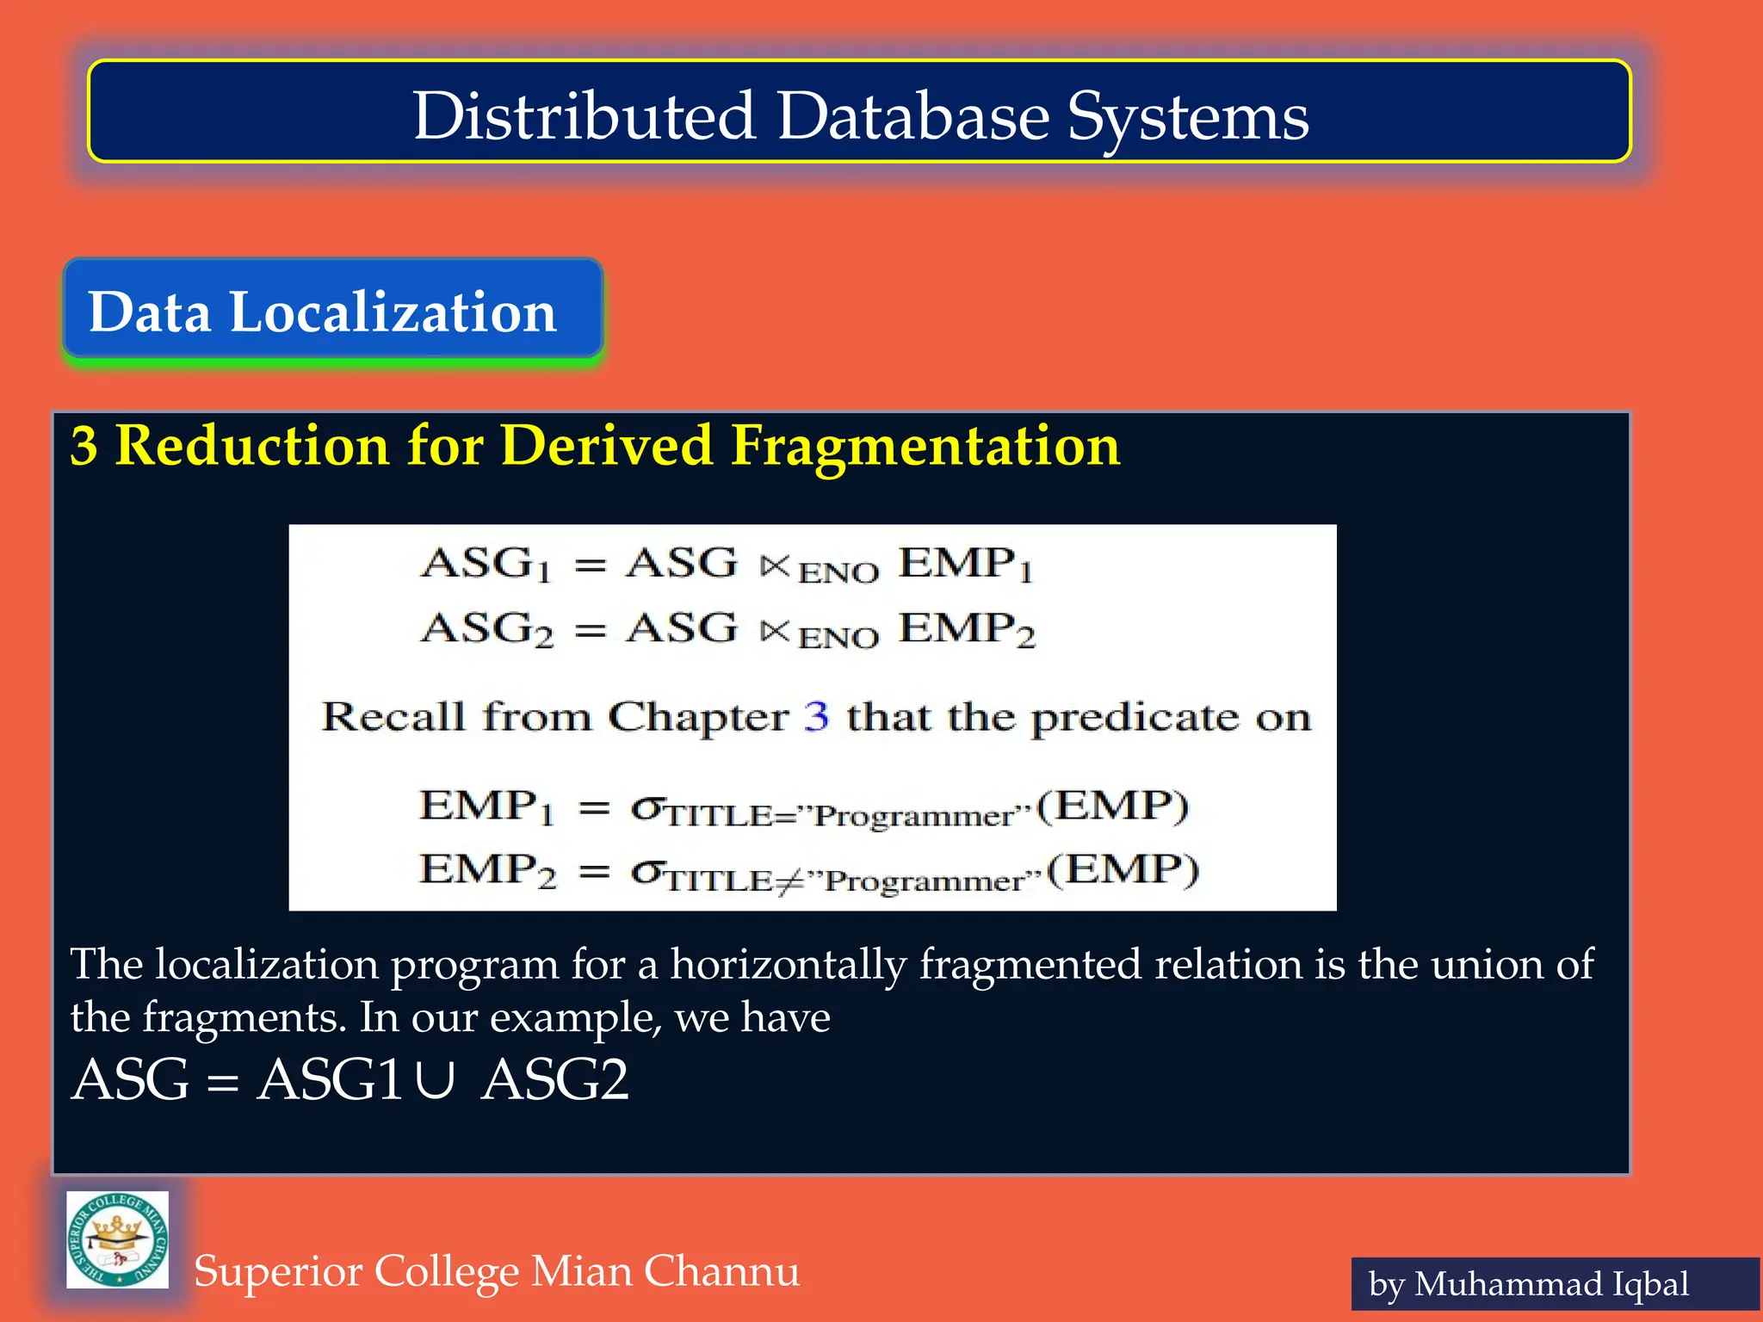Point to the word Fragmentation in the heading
(925, 446)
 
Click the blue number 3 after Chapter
(816, 716)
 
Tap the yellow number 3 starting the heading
(84, 446)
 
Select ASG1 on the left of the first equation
(486, 565)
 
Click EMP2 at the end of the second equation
(966, 629)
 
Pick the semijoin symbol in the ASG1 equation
(775, 565)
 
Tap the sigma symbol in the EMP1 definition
(646, 808)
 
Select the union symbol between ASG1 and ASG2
(435, 1081)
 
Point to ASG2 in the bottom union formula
(555, 1080)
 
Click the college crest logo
(118, 1239)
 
